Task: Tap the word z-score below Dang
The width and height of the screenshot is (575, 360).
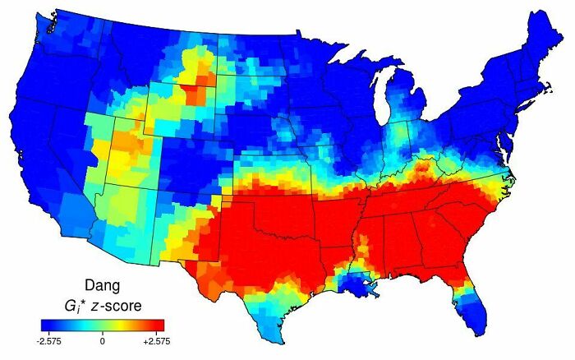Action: tap(117, 306)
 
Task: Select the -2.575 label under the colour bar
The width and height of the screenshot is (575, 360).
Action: tap(51, 338)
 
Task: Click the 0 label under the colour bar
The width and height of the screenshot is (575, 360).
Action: tap(103, 338)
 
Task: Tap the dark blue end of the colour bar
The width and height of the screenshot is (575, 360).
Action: tap(48, 324)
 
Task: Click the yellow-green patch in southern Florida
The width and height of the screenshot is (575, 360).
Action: tap(471, 298)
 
